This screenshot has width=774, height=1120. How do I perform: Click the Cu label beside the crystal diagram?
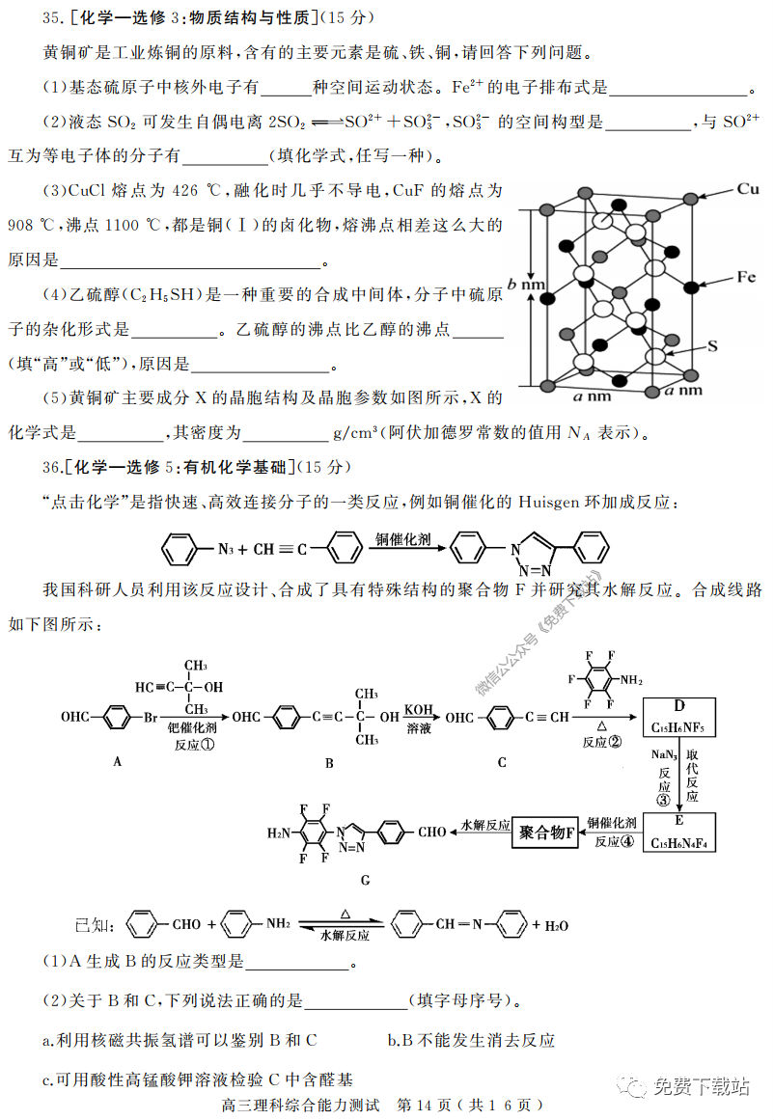pos(748,188)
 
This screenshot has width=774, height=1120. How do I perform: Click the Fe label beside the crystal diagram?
pos(745,277)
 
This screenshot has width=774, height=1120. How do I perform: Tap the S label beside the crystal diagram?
pos(712,344)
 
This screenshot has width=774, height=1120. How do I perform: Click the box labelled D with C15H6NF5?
pos(680,718)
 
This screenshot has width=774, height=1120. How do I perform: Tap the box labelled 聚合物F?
pos(545,832)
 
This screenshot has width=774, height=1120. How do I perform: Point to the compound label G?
pos(364,881)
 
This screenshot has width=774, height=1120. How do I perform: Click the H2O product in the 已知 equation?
pos(557,925)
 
